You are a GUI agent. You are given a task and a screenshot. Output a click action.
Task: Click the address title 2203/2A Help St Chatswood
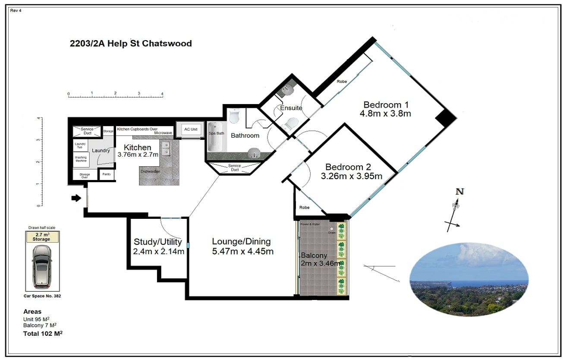point(131,44)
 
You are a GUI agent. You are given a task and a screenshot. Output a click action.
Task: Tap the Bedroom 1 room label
point(385,105)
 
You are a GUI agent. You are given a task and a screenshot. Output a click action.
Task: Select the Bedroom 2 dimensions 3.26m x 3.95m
point(351,176)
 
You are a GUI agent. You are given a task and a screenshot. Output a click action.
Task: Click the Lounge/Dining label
point(241,242)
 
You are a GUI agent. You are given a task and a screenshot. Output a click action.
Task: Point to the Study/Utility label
point(157,242)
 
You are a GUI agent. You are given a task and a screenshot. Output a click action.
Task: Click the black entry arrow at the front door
point(76,198)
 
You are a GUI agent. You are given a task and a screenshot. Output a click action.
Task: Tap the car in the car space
point(42,267)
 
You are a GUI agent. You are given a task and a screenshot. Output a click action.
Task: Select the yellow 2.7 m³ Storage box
point(42,237)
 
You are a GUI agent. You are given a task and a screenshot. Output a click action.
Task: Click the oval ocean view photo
point(469,279)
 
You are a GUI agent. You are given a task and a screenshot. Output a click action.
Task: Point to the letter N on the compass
point(460,192)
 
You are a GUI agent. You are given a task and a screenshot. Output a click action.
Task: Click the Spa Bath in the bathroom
point(216,134)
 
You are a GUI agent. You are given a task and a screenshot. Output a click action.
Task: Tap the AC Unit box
point(190,129)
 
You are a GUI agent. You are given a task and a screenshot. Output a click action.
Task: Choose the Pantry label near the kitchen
point(106,174)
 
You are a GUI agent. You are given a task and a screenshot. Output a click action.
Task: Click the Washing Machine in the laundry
point(81,159)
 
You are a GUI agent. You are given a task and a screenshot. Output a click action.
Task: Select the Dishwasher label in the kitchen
point(150,171)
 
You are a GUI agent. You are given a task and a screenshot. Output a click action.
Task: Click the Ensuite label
point(291,108)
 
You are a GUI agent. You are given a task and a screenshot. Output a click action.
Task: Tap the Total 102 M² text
point(43,334)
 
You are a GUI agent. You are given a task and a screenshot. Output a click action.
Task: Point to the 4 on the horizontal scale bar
point(162,93)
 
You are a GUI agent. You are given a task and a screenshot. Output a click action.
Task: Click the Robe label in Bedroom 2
point(305,208)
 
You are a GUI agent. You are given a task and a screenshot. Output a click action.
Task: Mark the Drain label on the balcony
point(331,233)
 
